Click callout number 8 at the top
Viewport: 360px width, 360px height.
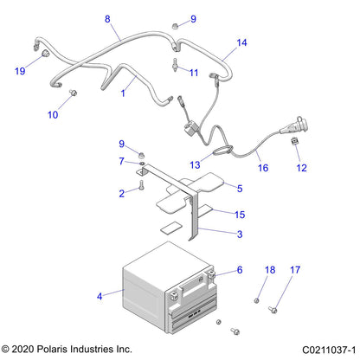[107, 19]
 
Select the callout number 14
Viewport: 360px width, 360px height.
[241, 42]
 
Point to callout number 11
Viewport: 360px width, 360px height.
[194, 72]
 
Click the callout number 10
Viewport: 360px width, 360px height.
[53, 114]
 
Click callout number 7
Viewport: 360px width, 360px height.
[122, 160]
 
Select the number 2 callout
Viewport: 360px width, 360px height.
[122, 194]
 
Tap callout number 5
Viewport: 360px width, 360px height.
[240, 188]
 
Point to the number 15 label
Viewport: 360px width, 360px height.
[240, 214]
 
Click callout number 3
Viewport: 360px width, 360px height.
[240, 233]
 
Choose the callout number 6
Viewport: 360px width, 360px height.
[240, 271]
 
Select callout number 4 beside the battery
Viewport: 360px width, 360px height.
[100, 296]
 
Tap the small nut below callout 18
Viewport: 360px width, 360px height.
[257, 300]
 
